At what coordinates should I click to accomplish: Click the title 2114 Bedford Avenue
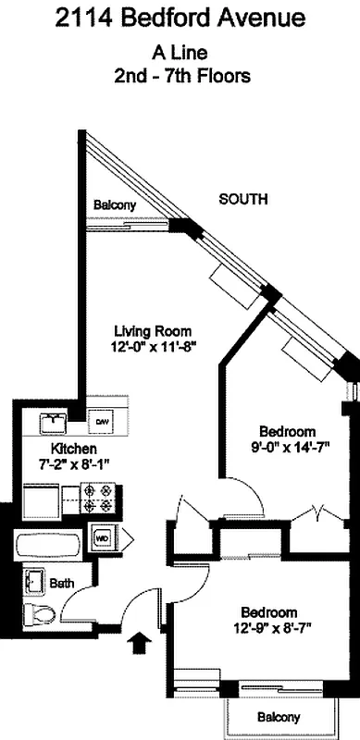pyautogui.click(x=180, y=18)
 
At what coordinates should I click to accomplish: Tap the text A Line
pyautogui.click(x=180, y=55)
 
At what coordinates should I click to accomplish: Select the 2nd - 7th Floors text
pyautogui.click(x=180, y=77)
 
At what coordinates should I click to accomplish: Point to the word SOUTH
pyautogui.click(x=243, y=199)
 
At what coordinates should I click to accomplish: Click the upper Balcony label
pyautogui.click(x=114, y=204)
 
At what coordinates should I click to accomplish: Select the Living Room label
pyautogui.click(x=153, y=331)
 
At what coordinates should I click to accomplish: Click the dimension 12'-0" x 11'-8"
pyautogui.click(x=153, y=347)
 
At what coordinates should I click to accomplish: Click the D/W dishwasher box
pyautogui.click(x=102, y=422)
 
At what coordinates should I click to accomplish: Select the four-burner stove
pyautogui.click(x=99, y=499)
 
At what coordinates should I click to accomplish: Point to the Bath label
pyautogui.click(x=62, y=583)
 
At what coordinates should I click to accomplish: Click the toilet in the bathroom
pyautogui.click(x=42, y=613)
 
